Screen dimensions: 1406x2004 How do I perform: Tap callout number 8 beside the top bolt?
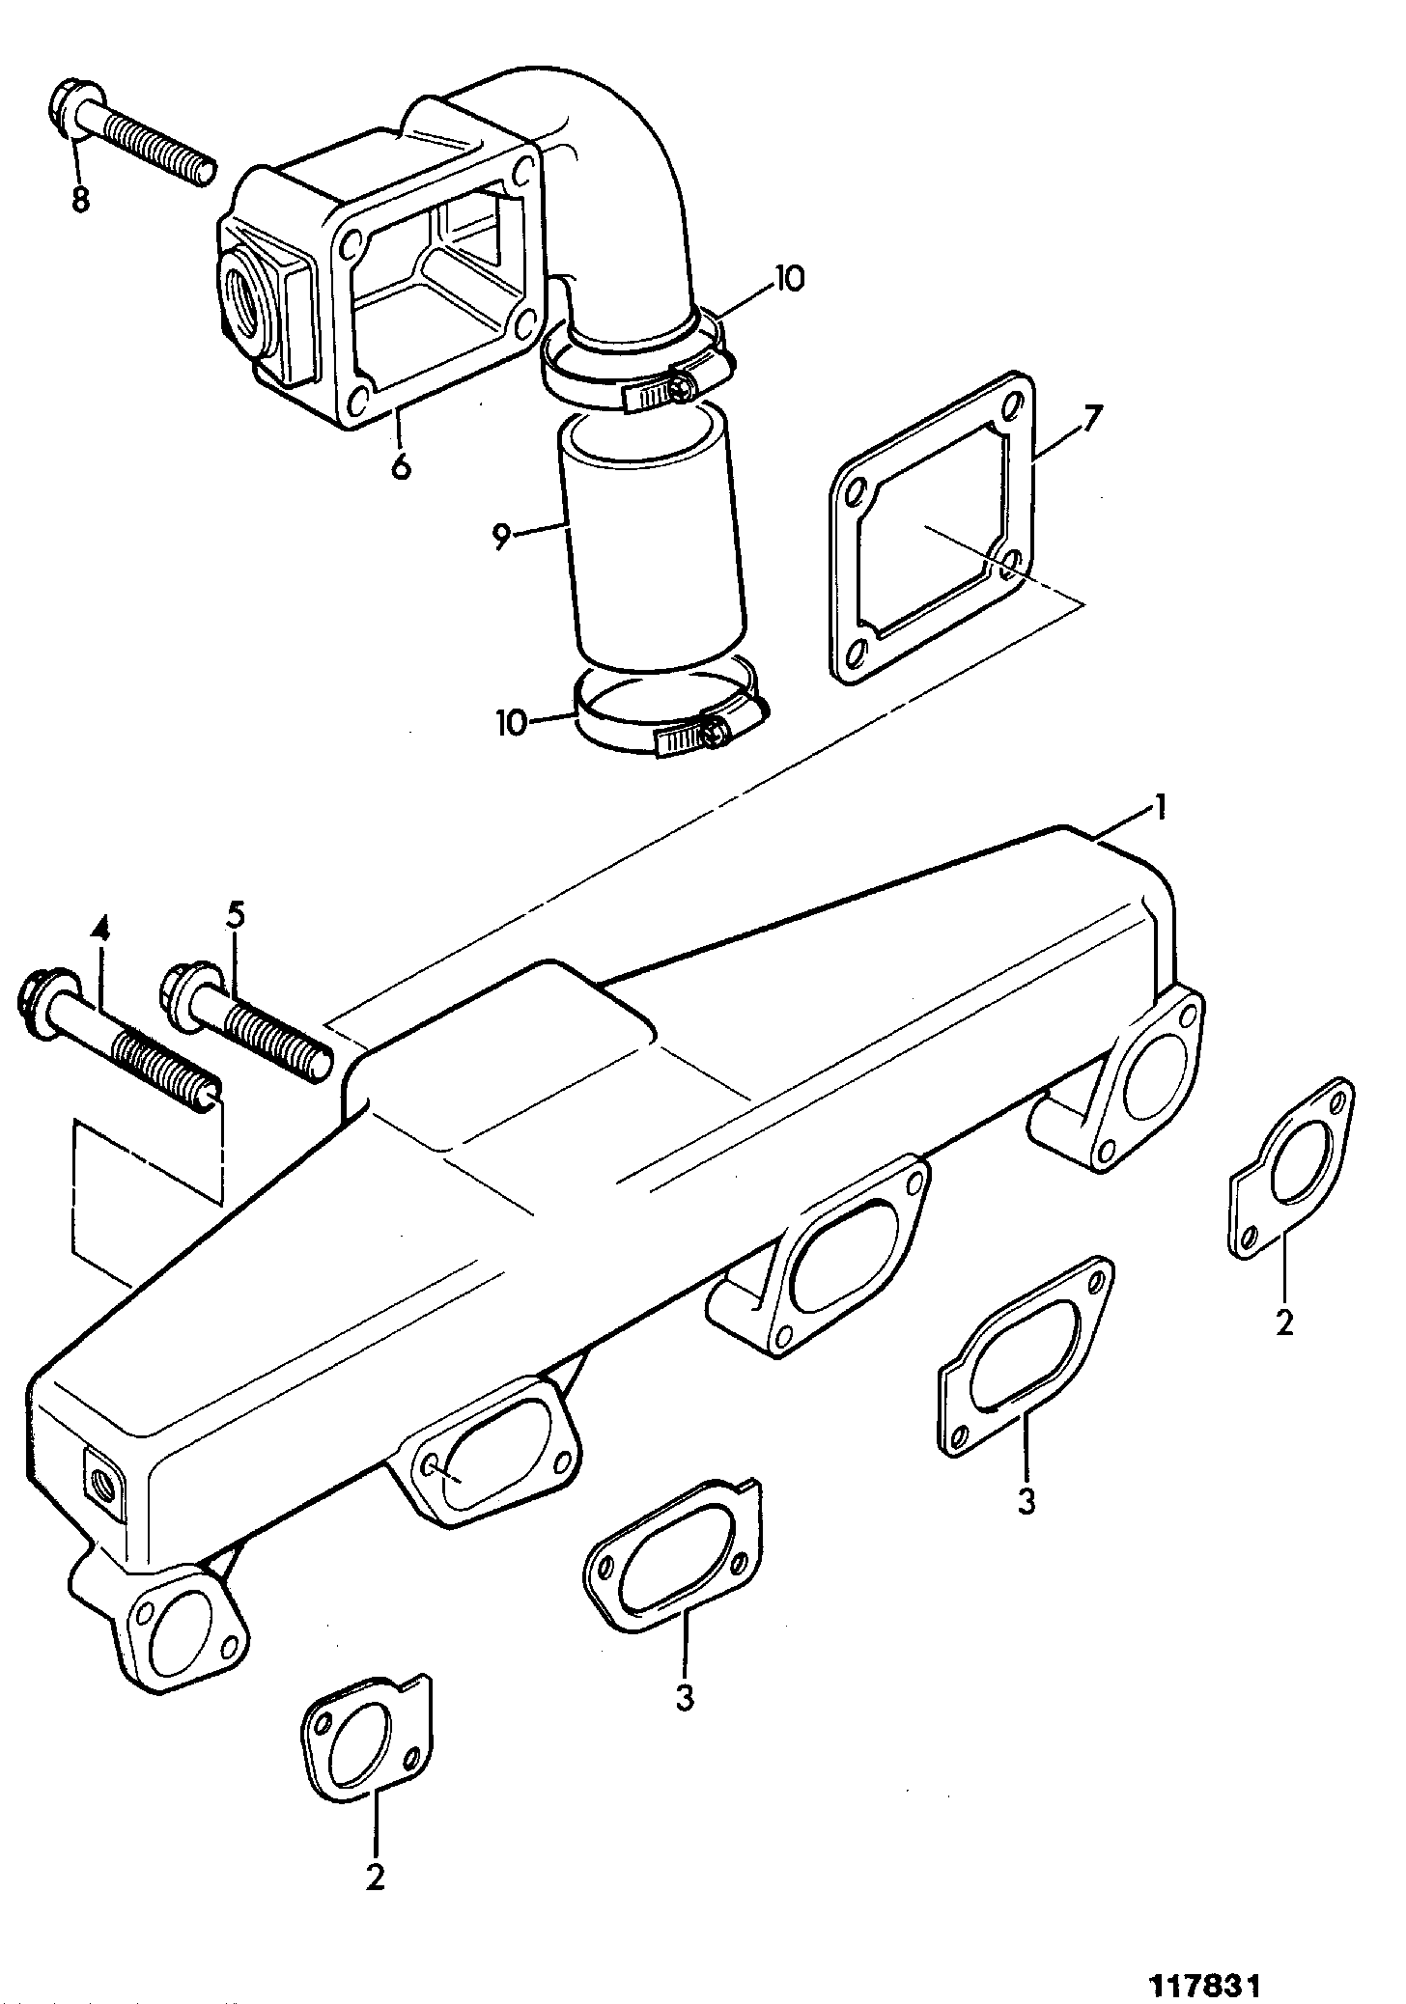(x=80, y=199)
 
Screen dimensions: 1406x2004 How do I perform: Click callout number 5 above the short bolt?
(x=236, y=914)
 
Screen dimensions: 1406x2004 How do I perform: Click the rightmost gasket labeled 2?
(x=1291, y=1169)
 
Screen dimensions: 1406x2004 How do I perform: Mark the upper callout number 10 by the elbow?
(x=788, y=279)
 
